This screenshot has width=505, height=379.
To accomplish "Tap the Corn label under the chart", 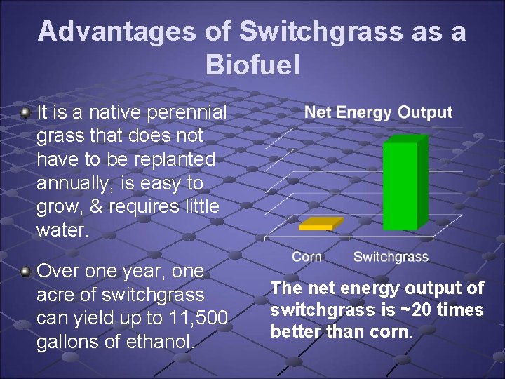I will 307,257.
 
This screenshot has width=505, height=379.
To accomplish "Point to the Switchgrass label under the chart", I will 391,257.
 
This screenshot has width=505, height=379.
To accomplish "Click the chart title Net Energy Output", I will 378,112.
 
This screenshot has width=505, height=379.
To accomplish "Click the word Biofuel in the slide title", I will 252,65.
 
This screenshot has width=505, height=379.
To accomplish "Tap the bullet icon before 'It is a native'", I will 25,112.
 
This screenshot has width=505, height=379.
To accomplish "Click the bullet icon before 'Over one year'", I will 25,270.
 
